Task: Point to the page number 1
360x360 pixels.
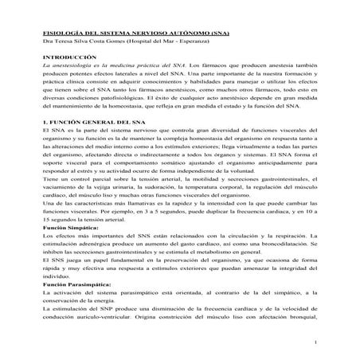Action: click(x=316, y=342)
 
